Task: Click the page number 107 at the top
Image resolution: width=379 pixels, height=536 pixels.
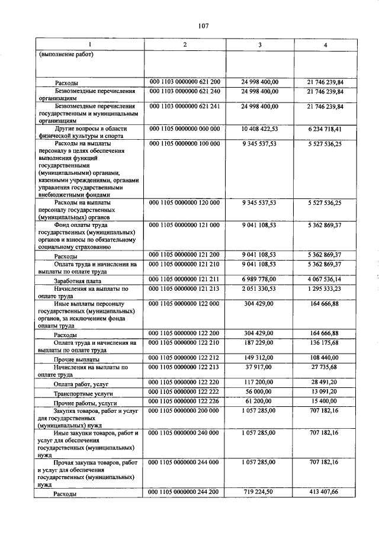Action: tap(203, 25)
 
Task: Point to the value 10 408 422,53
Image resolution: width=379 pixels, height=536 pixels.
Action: tap(260, 128)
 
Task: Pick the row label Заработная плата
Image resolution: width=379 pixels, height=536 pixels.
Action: tap(78, 281)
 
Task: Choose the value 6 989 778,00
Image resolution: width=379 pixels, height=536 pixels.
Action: tap(260, 279)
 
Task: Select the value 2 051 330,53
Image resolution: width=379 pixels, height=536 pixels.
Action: tap(260, 288)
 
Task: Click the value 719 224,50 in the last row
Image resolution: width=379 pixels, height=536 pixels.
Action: tap(260, 492)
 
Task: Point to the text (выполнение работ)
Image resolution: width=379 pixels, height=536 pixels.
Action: tap(66, 56)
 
